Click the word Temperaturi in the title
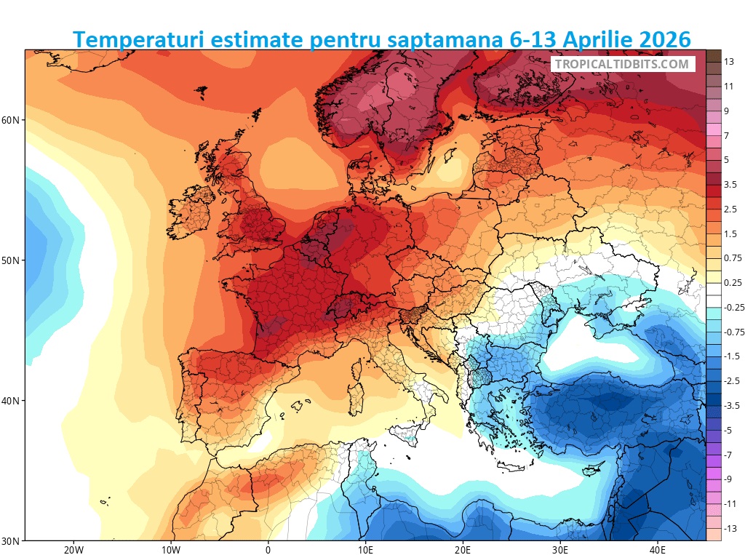[138, 39]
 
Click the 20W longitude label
[73, 550]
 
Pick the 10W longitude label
[170, 550]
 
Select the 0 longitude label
[268, 550]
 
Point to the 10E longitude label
[366, 550]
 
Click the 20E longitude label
[463, 550]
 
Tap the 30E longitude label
[561, 550]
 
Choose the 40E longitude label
[658, 550]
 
